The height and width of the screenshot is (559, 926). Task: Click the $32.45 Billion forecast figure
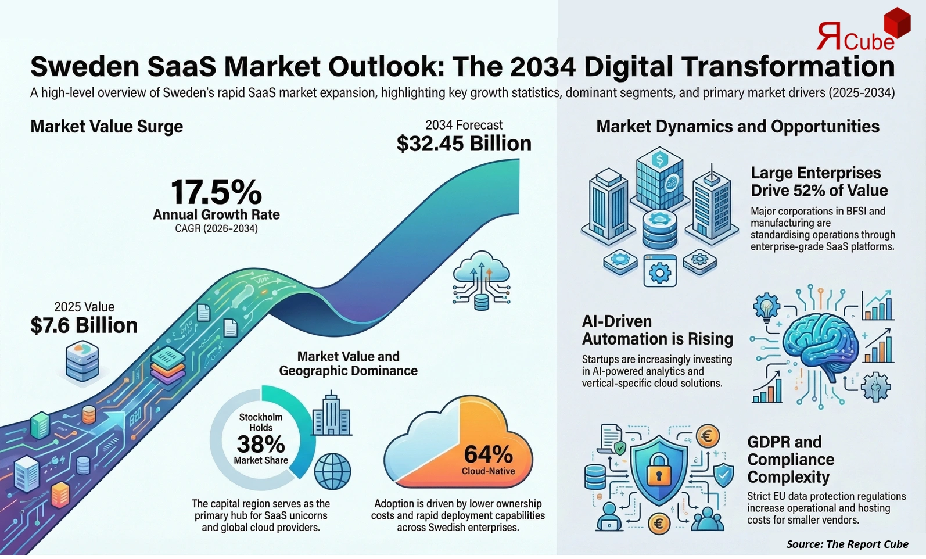464,144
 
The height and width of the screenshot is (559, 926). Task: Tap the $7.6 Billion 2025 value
84,325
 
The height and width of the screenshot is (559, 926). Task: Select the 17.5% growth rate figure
216,192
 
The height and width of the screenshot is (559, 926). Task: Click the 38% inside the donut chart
261,445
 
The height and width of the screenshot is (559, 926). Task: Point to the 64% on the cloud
488,453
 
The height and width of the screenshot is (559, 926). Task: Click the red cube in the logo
896,23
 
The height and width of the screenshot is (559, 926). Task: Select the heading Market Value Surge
106,127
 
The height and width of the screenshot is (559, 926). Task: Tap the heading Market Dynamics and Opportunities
738,127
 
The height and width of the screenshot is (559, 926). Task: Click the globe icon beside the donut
332,471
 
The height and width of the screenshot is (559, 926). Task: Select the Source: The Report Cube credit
847,544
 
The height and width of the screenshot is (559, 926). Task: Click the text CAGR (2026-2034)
216,229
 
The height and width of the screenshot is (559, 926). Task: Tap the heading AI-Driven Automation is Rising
657,330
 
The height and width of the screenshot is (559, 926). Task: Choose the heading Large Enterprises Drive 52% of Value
819,181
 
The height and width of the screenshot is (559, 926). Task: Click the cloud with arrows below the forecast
482,279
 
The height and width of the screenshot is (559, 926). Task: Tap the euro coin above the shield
707,436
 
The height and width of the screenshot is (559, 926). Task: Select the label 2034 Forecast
464,125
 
